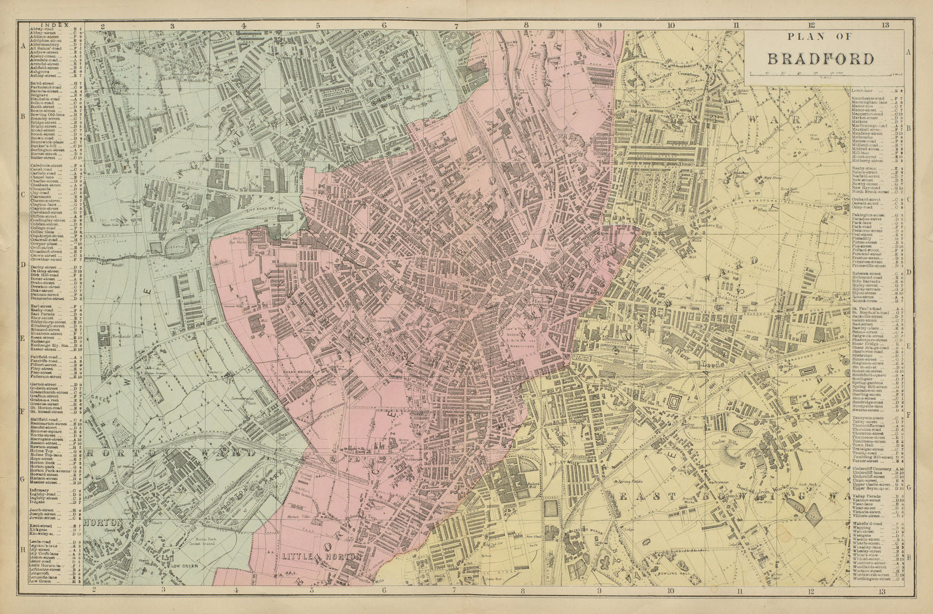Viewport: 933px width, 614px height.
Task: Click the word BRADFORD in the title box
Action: click(x=820, y=58)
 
